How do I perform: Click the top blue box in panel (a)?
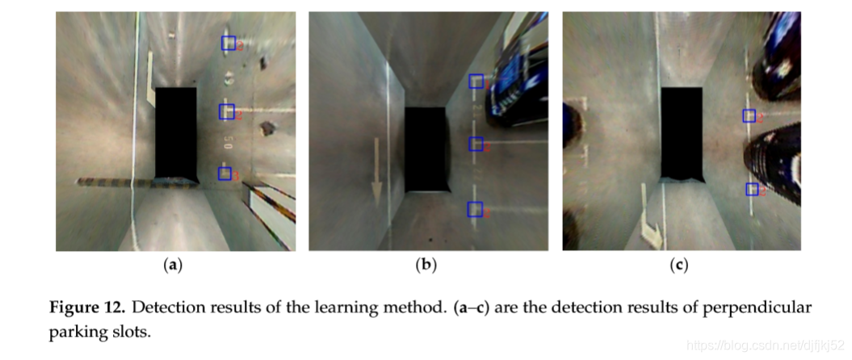[x=228, y=44]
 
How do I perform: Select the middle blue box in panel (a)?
[x=227, y=111]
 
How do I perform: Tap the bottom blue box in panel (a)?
[x=225, y=174]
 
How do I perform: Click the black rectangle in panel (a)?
[x=176, y=132]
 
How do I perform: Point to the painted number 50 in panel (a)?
[x=229, y=142]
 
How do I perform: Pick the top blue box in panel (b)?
[x=476, y=81]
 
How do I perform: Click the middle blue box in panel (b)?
[x=476, y=144]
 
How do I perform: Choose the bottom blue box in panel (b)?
[x=475, y=209]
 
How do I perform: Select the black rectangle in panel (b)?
[x=426, y=149]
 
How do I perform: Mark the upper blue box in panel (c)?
[x=749, y=115]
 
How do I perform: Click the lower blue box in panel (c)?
[x=752, y=189]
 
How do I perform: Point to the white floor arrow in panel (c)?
[x=651, y=218]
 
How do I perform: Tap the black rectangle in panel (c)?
[x=682, y=132]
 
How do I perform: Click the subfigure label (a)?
[x=172, y=265]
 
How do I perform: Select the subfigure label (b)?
[x=426, y=265]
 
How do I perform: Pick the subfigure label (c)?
[x=681, y=265]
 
